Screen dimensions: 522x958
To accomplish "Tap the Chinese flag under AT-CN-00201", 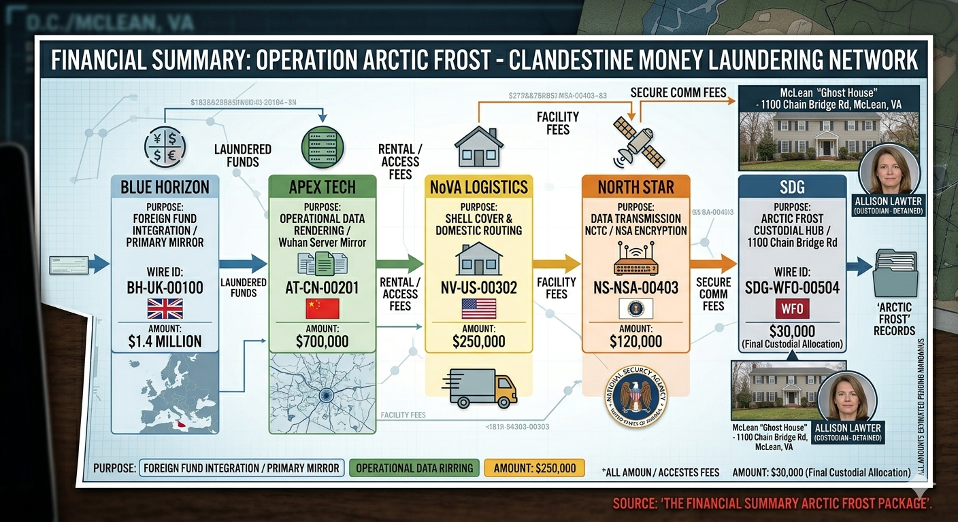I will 323,309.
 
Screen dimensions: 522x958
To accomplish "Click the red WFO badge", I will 792,309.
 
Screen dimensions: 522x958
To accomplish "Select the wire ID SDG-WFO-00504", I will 792,287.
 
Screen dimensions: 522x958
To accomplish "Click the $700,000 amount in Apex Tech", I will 323,341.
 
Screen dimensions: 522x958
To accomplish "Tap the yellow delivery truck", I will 480,387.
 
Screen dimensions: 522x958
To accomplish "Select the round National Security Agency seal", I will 636,397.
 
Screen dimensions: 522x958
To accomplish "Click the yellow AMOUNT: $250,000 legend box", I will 534,468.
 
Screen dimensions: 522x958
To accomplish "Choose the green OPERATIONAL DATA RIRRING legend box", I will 414,468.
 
